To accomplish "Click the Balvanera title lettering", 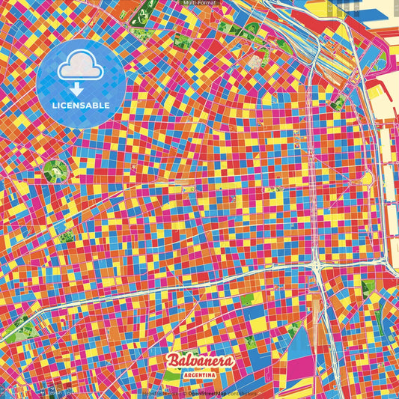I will coord(200,362).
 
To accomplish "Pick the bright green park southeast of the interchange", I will coord(366,288).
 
